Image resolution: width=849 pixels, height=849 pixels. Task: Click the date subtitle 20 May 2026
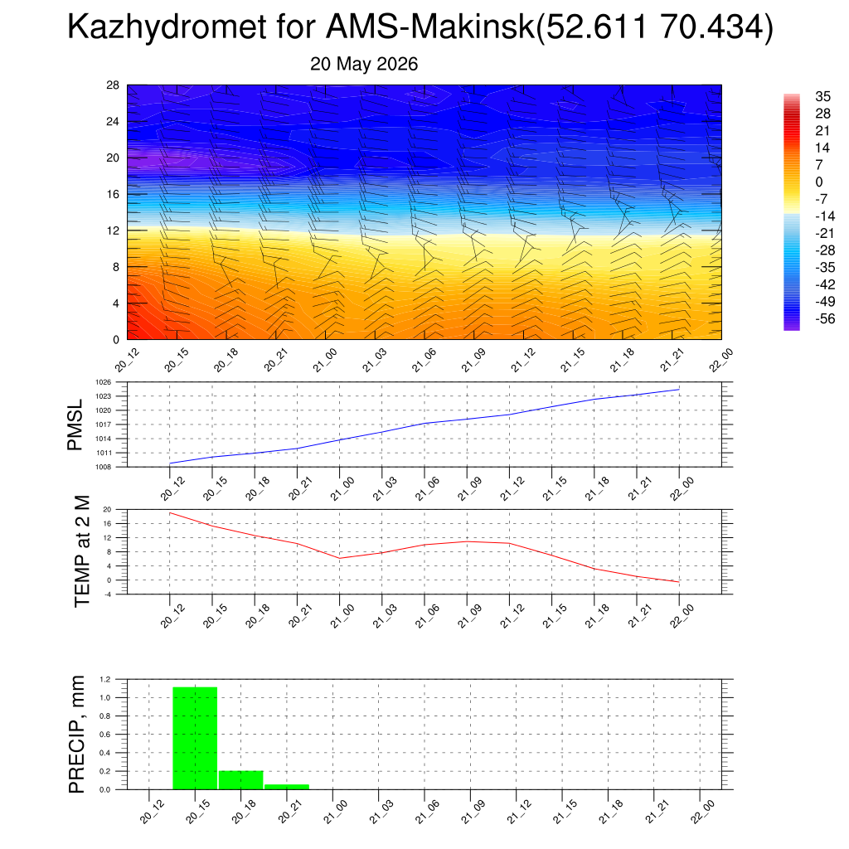coord(364,64)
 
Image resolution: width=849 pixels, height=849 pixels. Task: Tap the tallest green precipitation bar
coord(195,738)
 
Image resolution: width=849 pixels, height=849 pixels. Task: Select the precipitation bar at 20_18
coord(241,779)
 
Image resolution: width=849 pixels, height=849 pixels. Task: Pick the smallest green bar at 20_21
coord(287,787)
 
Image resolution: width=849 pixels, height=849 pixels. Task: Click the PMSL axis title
coord(75,425)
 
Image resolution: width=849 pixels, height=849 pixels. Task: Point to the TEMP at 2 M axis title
coord(82,551)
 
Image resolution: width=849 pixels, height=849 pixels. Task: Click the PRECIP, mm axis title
coord(77,735)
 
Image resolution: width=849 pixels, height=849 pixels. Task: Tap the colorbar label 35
coord(822,96)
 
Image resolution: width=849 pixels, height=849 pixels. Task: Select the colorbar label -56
coord(825,318)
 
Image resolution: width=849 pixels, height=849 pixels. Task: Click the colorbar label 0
coord(818,182)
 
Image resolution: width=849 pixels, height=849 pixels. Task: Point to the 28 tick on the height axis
coord(113,85)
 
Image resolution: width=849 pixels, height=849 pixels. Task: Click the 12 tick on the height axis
coord(113,230)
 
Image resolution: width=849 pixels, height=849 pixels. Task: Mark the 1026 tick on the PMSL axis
coord(104,382)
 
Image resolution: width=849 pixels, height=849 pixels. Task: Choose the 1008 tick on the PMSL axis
coord(104,467)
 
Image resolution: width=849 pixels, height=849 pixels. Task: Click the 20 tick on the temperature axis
coord(107,510)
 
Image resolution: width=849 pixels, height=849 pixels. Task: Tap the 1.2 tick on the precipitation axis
coord(105,679)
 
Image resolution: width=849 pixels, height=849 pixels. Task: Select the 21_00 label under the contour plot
coord(325,361)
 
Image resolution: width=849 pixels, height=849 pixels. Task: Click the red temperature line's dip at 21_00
coord(339,558)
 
